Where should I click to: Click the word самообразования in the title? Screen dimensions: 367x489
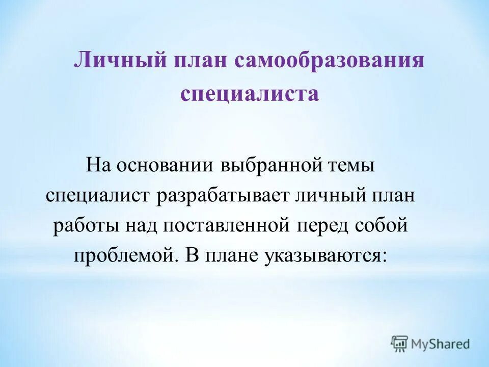click(x=330, y=61)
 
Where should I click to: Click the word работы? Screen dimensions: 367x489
click(x=84, y=226)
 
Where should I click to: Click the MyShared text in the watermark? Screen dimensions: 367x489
click(x=441, y=344)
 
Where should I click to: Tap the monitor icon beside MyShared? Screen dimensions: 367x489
click(x=400, y=344)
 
